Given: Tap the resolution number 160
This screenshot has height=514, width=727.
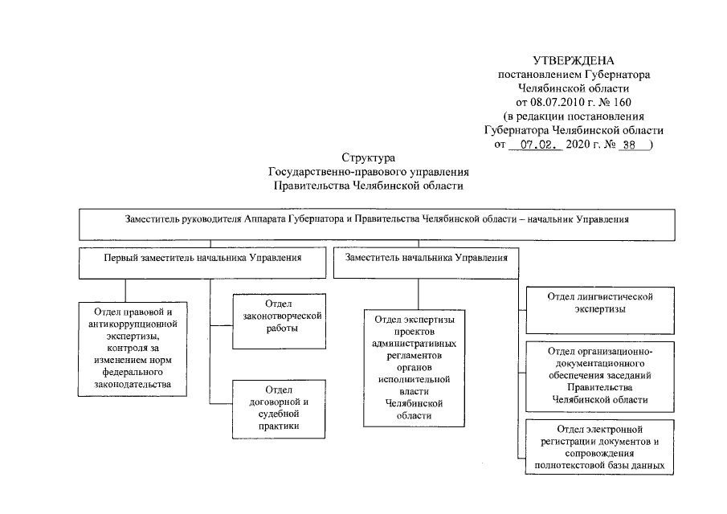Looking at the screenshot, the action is [623, 103].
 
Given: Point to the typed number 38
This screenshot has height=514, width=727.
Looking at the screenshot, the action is [629, 145].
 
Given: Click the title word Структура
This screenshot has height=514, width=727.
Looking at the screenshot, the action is [369, 158].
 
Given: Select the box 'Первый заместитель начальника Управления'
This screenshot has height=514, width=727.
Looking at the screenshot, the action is [202, 263].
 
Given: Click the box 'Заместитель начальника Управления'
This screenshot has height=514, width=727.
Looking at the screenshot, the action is [426, 263].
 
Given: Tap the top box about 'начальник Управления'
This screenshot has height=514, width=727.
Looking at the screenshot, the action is [377, 225].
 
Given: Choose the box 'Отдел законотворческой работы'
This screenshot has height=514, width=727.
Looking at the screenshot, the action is [279, 321].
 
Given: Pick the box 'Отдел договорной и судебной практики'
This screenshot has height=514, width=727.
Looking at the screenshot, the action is [279, 410].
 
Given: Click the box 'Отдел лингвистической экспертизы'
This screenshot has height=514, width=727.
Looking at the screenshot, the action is [600, 311].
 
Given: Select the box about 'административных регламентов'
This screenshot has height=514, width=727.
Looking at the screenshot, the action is [414, 368].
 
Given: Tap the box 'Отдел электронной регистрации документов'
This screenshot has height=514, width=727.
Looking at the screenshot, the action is [599, 447].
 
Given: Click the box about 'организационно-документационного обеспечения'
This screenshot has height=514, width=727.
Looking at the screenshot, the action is [600, 377].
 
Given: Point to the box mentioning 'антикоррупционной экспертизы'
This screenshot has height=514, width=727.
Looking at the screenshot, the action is [133, 349].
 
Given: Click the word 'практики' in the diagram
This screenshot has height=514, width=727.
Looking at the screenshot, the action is [279, 426].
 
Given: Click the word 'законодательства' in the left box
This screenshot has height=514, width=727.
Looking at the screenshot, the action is [133, 384].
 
